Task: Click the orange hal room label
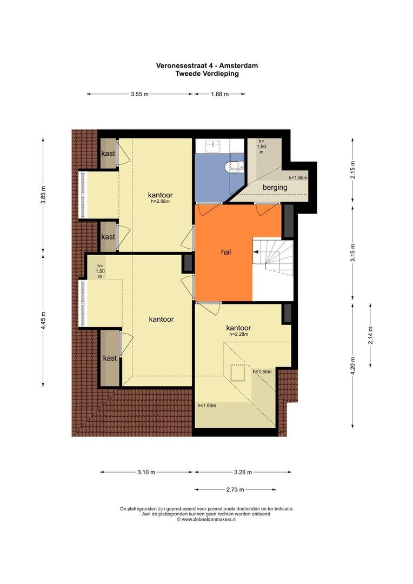pos(225,252)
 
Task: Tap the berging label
pos(275,187)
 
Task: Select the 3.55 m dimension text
pos(139,94)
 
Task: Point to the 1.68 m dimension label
pos(219,94)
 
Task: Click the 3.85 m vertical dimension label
pos(44,195)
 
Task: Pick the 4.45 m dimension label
pos(44,320)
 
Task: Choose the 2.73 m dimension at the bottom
pos(235,489)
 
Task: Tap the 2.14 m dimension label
pos(370,335)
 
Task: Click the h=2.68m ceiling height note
pos(160,202)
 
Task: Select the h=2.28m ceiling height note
pos(239,335)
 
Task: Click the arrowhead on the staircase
pos(256,252)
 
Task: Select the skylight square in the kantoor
pos(238,373)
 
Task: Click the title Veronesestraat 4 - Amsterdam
pos(206,65)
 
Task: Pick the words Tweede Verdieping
pos(206,74)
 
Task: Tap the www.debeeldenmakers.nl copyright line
pos(206,519)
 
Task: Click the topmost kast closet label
pos(108,154)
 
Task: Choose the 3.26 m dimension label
pos(243,472)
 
